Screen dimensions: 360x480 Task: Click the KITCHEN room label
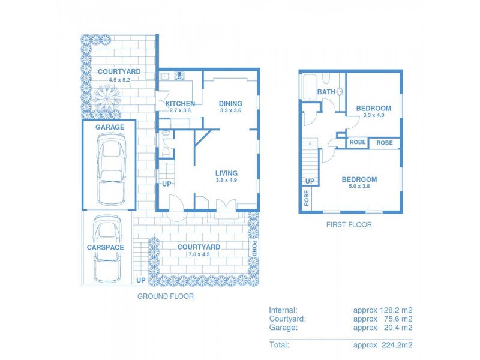[180, 104]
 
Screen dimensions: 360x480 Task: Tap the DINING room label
[230, 103]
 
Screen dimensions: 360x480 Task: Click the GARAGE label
[110, 127]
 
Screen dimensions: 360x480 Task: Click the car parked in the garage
[111, 170]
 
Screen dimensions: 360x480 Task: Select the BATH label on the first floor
[326, 92]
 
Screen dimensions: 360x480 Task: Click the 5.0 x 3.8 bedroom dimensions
[359, 187]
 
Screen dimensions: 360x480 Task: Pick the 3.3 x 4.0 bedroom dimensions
[373, 116]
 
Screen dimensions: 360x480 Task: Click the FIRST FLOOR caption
[349, 225]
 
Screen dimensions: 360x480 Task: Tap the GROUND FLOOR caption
[166, 296]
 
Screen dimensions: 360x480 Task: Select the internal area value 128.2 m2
[396, 310]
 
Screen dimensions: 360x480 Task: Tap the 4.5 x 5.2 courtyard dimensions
[119, 79]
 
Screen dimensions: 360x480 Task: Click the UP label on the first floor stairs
[310, 181]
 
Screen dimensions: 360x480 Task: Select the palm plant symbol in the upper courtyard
[106, 95]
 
